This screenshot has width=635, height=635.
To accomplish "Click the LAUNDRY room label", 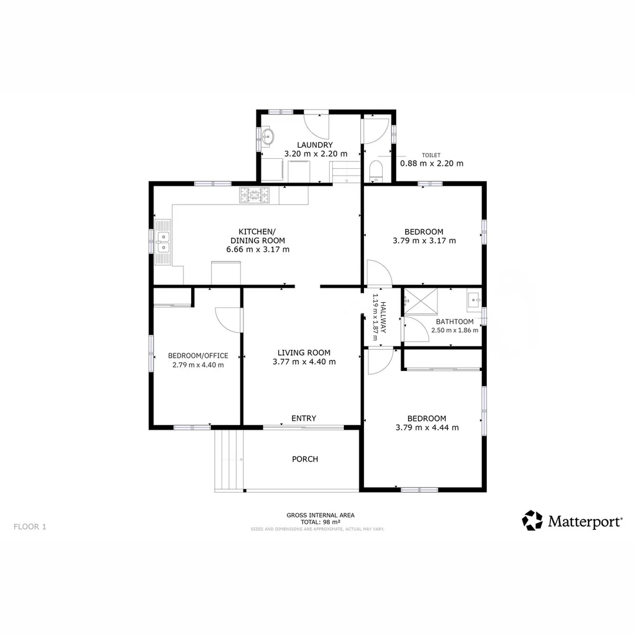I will [x=315, y=145].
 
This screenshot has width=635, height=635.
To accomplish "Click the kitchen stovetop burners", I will [x=255, y=195].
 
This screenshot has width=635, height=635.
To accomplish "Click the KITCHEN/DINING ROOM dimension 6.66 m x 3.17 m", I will [x=258, y=249].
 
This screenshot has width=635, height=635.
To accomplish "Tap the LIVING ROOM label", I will [x=304, y=353].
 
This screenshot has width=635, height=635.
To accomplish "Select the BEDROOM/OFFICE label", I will [x=198, y=356].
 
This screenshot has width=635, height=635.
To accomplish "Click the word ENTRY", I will [x=304, y=419].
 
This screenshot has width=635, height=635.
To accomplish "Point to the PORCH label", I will [x=305, y=459].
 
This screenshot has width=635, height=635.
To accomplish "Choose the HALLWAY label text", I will [x=383, y=317].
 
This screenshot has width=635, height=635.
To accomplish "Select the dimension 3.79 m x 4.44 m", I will [x=427, y=427].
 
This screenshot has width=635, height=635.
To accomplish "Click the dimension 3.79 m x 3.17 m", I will [x=424, y=240].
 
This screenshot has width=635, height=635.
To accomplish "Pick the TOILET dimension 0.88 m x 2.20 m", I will [x=432, y=163].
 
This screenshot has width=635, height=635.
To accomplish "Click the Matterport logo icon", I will [x=532, y=520].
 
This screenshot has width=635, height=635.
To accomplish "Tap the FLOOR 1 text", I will [x=29, y=527].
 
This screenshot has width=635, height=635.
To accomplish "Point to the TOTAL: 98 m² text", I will [x=320, y=522].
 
